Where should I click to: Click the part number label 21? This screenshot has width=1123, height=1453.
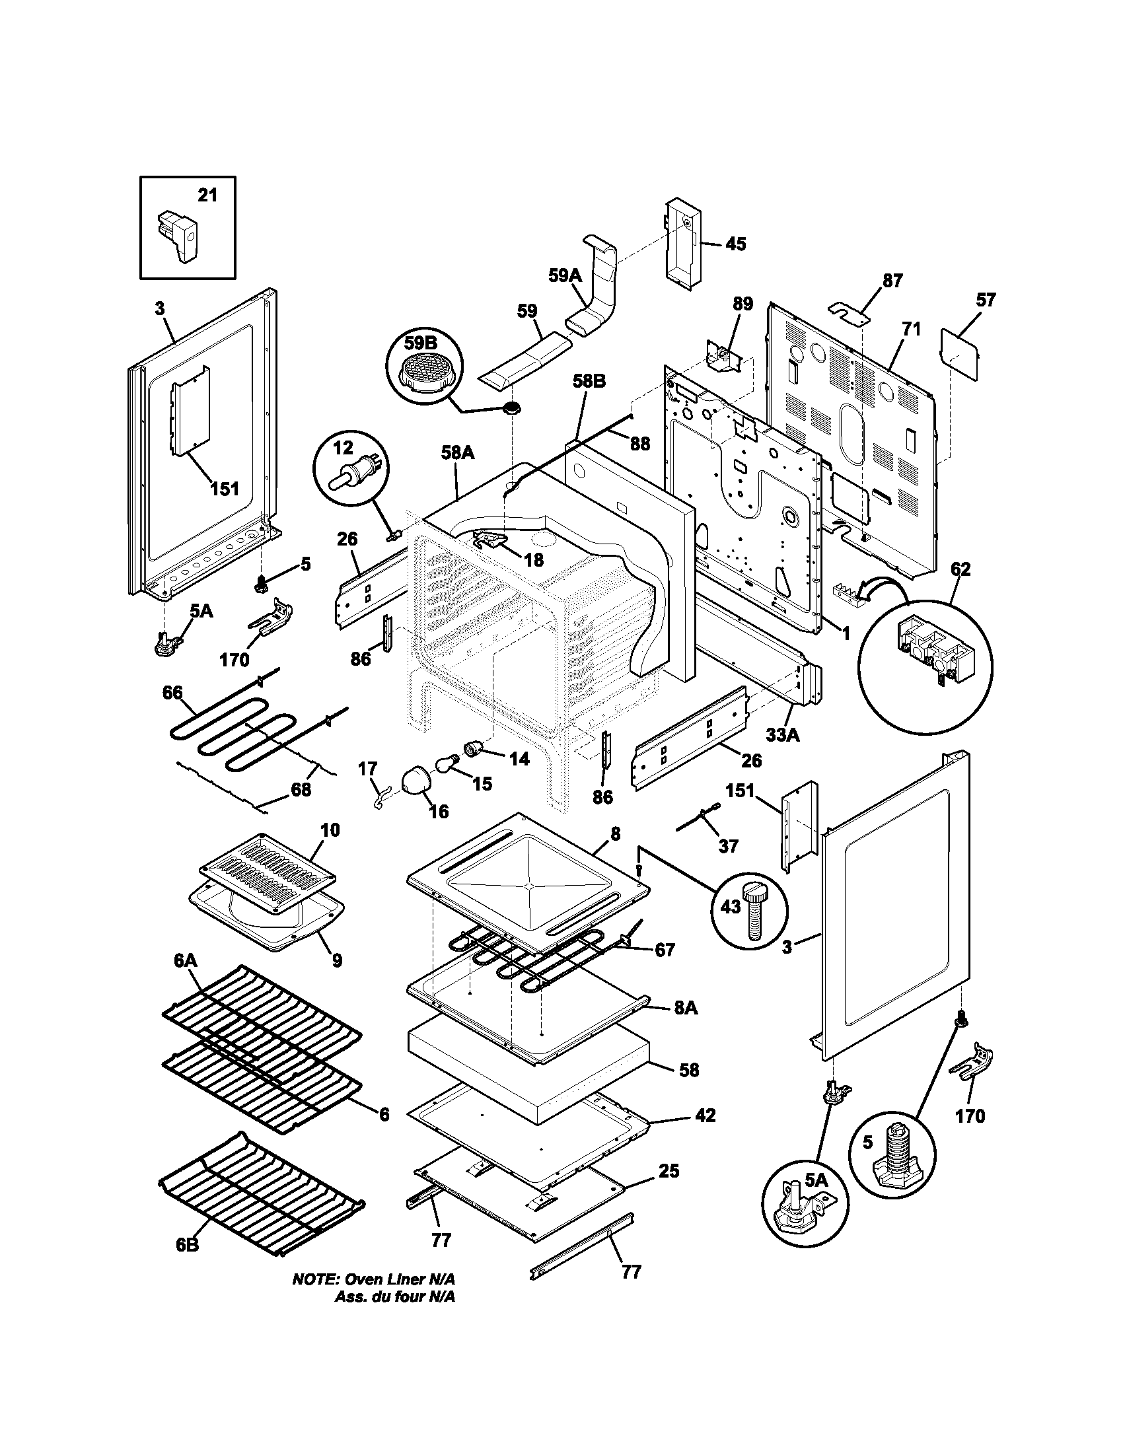tap(207, 195)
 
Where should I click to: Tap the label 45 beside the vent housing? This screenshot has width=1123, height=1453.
tap(735, 244)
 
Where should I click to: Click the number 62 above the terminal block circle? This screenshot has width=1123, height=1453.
tap(960, 569)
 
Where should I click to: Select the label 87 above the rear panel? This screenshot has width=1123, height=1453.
tap(892, 281)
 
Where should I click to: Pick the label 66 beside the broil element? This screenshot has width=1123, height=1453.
tap(172, 693)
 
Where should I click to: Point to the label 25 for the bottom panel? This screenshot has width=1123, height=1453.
tap(669, 1172)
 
